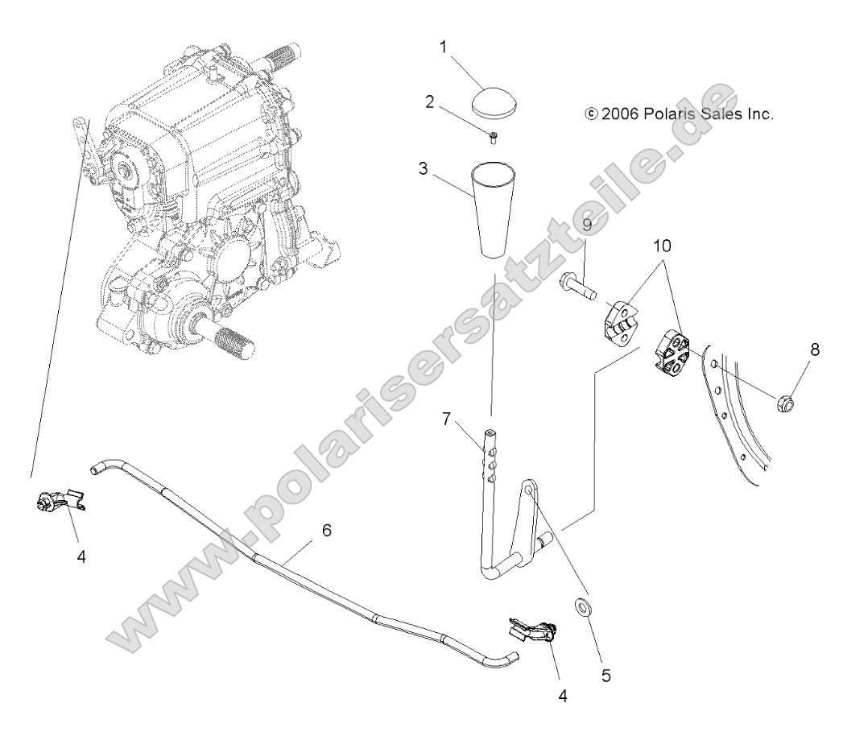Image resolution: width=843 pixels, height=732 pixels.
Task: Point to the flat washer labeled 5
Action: pos(582,604)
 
